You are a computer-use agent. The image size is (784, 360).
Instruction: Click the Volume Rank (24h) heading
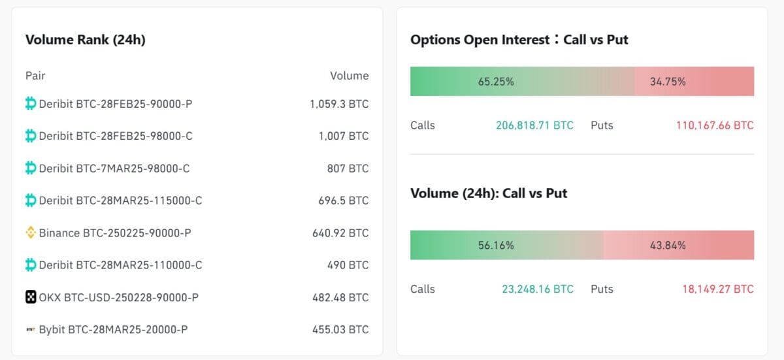pyautogui.click(x=85, y=40)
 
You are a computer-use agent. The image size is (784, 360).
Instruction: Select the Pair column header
pyautogui.click(x=35, y=76)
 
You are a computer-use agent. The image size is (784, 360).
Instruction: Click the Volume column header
pyautogui.click(x=349, y=76)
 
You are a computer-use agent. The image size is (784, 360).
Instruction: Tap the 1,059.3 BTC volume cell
pyautogui.click(x=339, y=104)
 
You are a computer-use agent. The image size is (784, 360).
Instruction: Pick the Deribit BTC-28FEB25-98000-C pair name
pyautogui.click(x=116, y=136)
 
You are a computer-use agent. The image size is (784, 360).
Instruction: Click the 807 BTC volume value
pyautogui.click(x=348, y=169)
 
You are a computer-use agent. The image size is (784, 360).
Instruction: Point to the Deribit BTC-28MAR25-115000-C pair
pyautogui.click(x=120, y=201)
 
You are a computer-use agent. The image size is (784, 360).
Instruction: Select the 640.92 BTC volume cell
pyautogui.click(x=340, y=233)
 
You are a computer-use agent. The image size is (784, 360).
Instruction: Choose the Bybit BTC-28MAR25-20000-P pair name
pyautogui.click(x=113, y=330)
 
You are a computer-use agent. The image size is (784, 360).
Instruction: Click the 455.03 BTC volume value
pyautogui.click(x=340, y=330)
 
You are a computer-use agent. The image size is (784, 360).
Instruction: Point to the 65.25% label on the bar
pyautogui.click(x=496, y=82)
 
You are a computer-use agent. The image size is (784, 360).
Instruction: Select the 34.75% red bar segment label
pyautogui.click(x=668, y=82)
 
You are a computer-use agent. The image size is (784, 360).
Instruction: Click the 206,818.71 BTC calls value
pyautogui.click(x=534, y=125)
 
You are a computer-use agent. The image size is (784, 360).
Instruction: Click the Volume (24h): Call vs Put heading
pyautogui.click(x=489, y=193)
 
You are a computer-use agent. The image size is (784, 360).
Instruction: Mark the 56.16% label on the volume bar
pyautogui.click(x=496, y=246)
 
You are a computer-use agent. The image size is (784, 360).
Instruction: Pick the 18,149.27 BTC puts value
pyautogui.click(x=717, y=289)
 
